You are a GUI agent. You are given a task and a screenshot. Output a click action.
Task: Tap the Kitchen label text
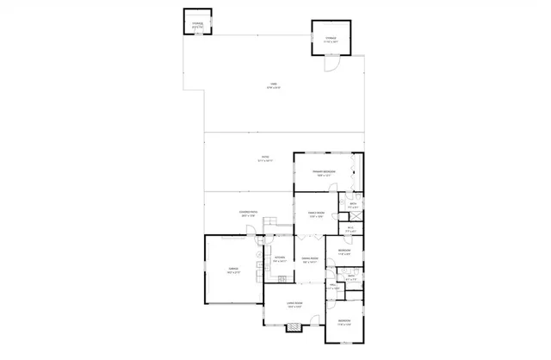pyautogui.click(x=279, y=258)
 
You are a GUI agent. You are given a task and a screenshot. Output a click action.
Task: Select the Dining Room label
pyautogui.click(x=310, y=259)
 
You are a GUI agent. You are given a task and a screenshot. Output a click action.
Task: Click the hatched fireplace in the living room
pyautogui.click(x=294, y=327)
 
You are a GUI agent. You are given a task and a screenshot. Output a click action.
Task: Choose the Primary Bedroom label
pyautogui.click(x=324, y=172)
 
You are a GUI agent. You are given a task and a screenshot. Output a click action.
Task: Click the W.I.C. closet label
pyautogui.click(x=350, y=230)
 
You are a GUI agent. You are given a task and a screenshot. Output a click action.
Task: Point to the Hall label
pyautogui.click(x=332, y=287)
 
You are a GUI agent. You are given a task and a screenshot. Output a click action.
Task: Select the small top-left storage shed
pyautogui.click(x=197, y=22)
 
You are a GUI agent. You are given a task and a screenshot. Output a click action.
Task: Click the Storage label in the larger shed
pyautogui.click(x=330, y=39)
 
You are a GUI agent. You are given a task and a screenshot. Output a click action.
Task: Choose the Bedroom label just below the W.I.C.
pyautogui.click(x=343, y=251)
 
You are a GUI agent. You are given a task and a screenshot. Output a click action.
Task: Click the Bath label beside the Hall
pyautogui.click(x=350, y=276)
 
